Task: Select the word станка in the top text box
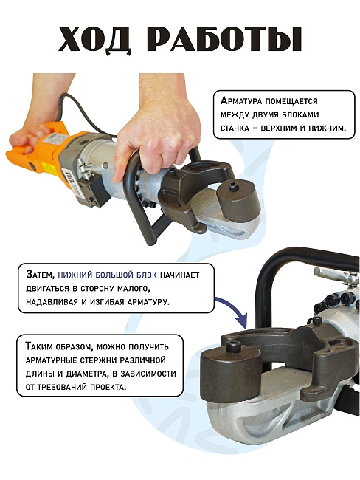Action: coord(235,128)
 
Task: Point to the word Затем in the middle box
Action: coord(40,275)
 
